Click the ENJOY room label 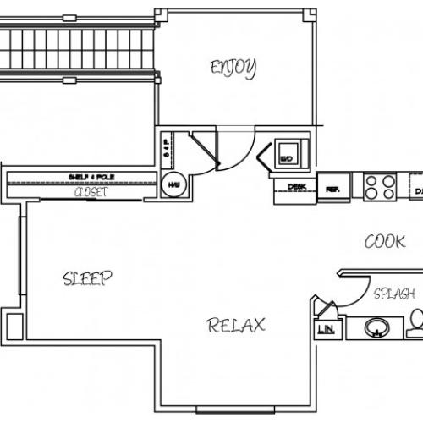pos(233,67)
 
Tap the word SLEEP pos(88,279)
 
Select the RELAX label pos(237,324)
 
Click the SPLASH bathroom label pos(394,294)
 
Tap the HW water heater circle pos(174,184)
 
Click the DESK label pos(297,186)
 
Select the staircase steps pos(76,51)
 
